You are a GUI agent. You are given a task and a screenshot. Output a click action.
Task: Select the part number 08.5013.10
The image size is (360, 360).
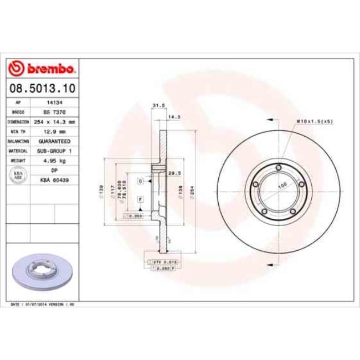43,88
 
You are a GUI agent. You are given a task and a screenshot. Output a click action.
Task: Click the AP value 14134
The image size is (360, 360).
54,102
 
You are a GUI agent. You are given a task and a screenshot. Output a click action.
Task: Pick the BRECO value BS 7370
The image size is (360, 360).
54,111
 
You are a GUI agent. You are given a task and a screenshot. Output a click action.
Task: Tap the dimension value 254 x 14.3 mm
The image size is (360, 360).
54,121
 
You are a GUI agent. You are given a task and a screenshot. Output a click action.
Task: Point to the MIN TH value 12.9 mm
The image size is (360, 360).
54,131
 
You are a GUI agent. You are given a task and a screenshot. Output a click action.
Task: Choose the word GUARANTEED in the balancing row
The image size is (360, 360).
54,141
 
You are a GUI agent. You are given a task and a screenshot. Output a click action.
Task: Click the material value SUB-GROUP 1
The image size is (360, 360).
54,150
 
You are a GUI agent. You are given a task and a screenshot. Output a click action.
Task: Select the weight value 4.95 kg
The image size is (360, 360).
54,160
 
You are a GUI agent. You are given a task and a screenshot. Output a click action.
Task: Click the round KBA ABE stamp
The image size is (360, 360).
18,175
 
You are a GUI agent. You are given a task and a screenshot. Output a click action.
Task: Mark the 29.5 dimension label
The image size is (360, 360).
175,173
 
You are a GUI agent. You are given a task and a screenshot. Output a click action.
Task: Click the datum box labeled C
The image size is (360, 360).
141,181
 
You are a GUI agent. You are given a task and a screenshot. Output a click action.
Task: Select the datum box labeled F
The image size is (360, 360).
141,199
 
